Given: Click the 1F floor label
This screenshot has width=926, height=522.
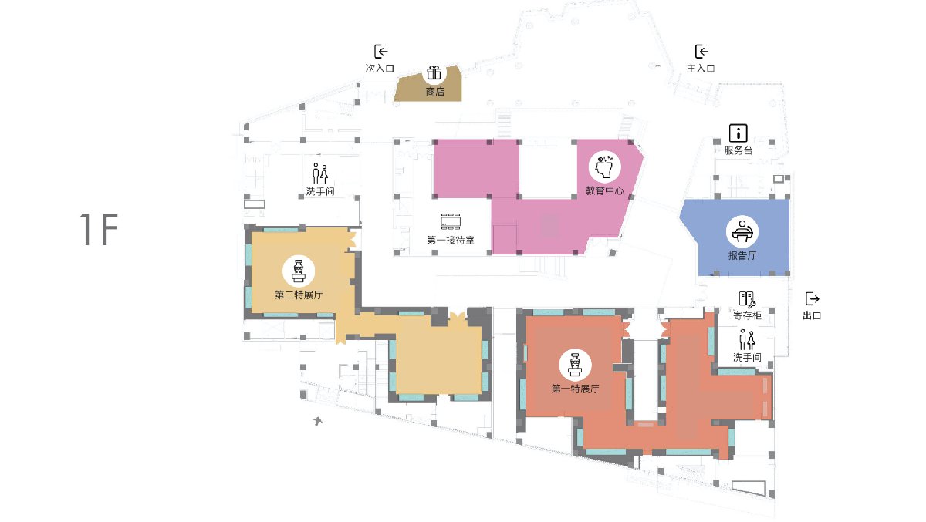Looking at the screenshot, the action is [x=99, y=229].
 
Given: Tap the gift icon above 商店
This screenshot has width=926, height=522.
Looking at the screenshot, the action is [x=434, y=73].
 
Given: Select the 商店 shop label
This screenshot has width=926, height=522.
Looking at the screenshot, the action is [x=435, y=91].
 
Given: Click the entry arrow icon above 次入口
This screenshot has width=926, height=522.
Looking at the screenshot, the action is [x=380, y=52].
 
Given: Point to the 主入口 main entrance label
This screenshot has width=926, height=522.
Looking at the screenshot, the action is [x=701, y=68].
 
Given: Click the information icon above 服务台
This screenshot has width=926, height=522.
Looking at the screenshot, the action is [x=738, y=133].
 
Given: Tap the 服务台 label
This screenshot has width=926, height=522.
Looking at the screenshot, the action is [x=738, y=150].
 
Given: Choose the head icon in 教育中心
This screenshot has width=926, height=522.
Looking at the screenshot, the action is [x=605, y=167].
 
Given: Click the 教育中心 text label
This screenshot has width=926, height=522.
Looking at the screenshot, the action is [x=604, y=190].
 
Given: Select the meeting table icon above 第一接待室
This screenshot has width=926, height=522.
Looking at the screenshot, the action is [x=451, y=221].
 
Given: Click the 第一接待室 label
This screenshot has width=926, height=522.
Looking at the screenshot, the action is [x=451, y=240].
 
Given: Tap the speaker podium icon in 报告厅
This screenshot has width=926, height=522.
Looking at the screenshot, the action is [x=742, y=231].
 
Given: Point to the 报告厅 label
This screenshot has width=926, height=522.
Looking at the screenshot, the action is [x=742, y=255].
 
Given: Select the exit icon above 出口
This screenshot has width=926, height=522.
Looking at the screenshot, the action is [x=812, y=298].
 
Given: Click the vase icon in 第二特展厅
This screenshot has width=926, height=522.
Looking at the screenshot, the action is [x=298, y=271].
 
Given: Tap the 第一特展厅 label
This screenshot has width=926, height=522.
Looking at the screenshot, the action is [x=576, y=388].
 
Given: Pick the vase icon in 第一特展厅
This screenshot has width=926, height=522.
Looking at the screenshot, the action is [x=575, y=365].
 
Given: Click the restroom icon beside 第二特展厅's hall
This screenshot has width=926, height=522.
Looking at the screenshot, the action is [x=320, y=173].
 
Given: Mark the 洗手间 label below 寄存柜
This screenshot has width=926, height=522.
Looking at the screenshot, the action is [x=747, y=357].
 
